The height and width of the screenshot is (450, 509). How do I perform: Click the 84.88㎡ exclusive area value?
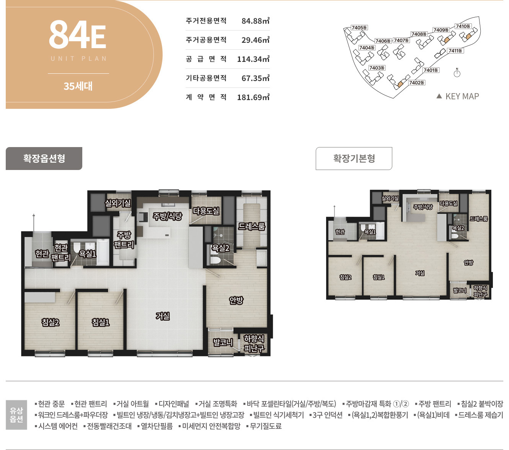click(255, 21)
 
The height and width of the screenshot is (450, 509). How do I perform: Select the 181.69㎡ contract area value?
click(253, 97)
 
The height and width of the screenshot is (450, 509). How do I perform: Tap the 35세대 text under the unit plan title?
click(78, 86)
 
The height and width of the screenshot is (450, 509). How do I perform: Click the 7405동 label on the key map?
click(359, 28)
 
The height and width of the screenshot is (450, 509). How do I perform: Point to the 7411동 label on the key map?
click(455, 51)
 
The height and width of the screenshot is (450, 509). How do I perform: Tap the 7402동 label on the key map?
click(416, 83)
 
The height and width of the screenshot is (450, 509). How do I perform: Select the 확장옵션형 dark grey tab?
click(44, 159)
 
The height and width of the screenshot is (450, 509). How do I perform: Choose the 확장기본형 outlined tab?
click(354, 159)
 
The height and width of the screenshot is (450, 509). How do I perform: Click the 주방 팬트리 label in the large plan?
click(124, 240)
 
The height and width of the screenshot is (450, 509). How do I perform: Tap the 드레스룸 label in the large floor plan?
click(251, 227)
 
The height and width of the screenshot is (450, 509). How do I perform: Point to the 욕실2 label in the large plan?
click(220, 248)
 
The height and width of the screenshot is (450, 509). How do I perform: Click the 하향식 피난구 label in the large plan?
click(254, 343)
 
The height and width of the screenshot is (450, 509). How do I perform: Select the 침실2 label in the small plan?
click(346, 277)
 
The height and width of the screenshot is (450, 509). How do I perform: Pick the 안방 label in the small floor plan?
click(468, 262)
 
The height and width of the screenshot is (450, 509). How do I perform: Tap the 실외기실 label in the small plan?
click(390, 198)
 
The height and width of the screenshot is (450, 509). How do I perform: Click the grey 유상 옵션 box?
click(16, 414)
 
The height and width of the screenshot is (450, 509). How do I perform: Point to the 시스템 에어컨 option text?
click(56, 426)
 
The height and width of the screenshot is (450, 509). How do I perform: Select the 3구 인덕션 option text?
click(326, 415)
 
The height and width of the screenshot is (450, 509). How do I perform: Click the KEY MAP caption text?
click(462, 96)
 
